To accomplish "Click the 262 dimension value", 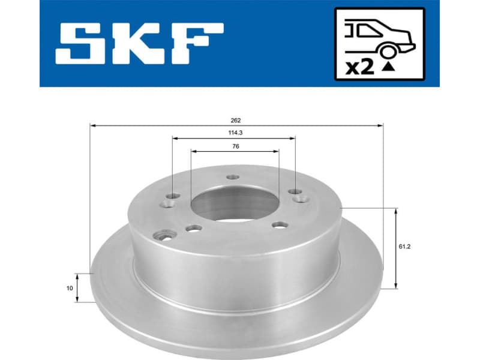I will [236, 120].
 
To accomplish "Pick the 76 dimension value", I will [235, 146].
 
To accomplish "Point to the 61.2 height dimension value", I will [409, 245].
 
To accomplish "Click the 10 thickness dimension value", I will [70, 288].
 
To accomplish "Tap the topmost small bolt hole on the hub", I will [233, 177].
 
